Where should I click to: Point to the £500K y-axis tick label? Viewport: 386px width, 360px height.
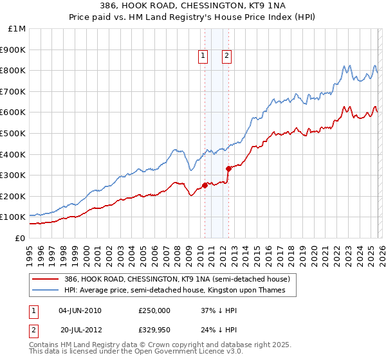(14, 133)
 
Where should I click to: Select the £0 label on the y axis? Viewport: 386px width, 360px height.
(21, 238)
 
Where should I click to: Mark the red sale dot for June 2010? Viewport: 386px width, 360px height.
(205, 185)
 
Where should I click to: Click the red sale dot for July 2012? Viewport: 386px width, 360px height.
(228, 168)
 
